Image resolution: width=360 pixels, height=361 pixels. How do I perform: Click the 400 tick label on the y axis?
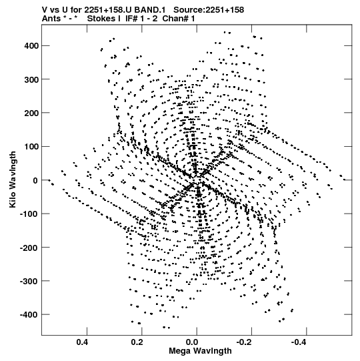point(31,46)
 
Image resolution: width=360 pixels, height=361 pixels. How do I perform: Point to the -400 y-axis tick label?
point(29,314)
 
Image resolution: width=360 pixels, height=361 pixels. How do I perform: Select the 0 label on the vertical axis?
point(35,180)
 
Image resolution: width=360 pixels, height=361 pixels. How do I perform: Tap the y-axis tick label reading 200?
point(31,113)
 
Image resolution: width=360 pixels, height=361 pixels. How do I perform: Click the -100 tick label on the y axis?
point(29,214)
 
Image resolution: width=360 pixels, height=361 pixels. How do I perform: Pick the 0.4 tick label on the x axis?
point(83,342)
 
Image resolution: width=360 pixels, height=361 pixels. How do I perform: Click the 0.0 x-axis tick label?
point(192,342)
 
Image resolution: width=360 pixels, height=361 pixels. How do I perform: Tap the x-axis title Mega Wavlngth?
point(200,351)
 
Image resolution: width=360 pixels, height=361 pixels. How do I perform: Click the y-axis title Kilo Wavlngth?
point(13,179)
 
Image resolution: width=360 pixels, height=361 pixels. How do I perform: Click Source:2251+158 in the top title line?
point(209,10)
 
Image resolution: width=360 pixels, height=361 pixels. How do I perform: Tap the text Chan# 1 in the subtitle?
point(179,19)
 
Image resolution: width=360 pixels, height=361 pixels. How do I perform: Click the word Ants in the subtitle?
point(51,19)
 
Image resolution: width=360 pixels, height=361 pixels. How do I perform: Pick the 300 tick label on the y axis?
point(31,79)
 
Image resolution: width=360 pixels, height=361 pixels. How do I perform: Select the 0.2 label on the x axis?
point(137,342)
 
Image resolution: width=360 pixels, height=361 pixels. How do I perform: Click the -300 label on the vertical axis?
point(29,281)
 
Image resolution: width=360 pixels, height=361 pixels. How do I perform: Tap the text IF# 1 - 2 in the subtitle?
point(141,19)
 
